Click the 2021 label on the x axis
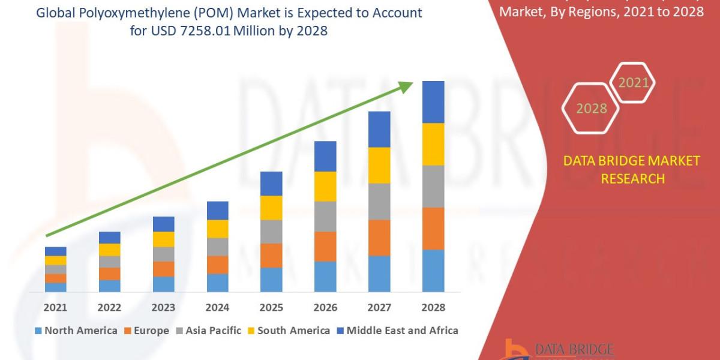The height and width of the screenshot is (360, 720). coord(55,307)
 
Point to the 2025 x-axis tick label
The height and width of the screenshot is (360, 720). coord(271,307)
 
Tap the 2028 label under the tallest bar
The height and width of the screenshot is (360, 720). coord(433,307)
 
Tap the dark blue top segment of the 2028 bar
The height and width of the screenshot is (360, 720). coord(433,102)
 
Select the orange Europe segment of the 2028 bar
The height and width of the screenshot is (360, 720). coord(433,229)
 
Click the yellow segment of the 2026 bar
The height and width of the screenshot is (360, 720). coord(325,186)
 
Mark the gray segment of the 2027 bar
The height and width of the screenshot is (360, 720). coord(379,202)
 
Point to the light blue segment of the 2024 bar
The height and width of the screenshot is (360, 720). coord(217,283)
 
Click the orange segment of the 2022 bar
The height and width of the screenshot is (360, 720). coord(109,274)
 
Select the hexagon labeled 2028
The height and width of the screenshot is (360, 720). coord(590,109)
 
